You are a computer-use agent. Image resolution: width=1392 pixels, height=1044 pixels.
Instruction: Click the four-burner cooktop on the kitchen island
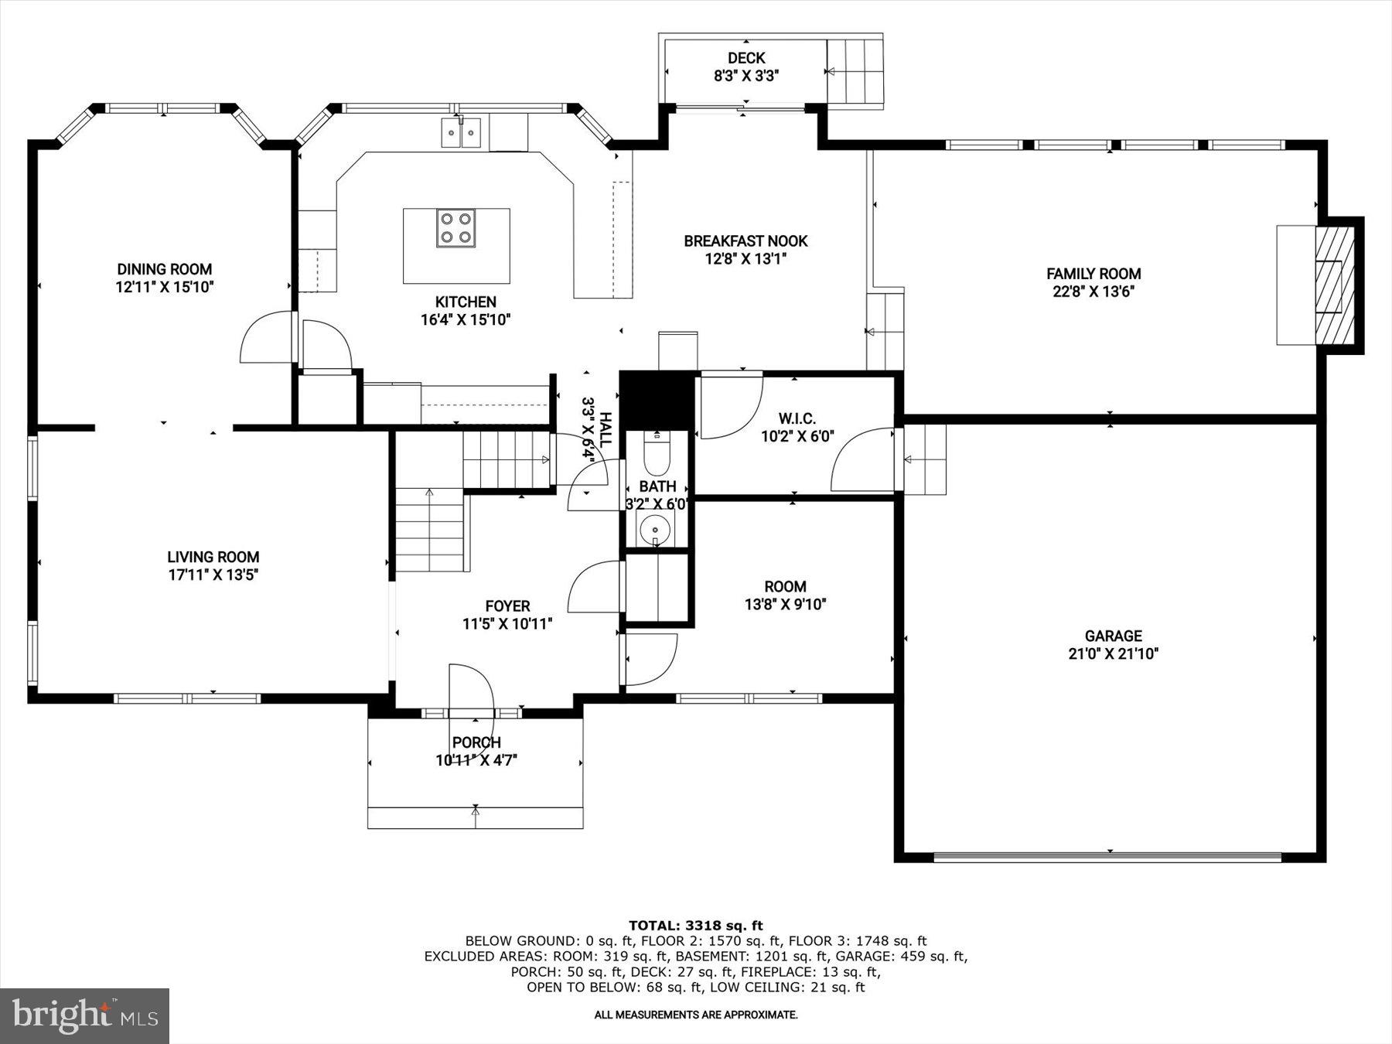tap(455, 228)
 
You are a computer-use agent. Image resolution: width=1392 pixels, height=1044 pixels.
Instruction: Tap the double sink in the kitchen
tap(461, 133)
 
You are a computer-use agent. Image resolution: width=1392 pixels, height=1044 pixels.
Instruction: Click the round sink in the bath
tap(656, 530)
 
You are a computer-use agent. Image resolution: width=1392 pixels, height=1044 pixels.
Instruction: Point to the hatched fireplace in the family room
tap(1336, 285)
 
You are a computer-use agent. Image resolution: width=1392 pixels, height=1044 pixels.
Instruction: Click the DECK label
tap(746, 58)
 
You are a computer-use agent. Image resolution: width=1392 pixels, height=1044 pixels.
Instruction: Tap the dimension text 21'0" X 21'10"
tap(1113, 654)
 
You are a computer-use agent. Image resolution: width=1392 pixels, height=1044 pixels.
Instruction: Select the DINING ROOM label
tap(164, 269)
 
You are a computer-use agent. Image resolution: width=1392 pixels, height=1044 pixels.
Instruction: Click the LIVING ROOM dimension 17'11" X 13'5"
tap(213, 575)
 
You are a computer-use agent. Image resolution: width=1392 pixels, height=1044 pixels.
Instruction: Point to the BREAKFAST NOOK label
tap(745, 241)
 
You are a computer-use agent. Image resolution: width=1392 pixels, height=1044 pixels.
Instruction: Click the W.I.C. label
tap(797, 419)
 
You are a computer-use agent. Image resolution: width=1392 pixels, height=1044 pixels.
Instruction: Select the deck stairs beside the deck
tap(855, 72)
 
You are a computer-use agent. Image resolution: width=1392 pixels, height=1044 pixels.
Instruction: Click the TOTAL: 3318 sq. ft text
tap(695, 925)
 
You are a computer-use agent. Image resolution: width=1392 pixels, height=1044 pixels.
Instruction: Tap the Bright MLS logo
tap(84, 1015)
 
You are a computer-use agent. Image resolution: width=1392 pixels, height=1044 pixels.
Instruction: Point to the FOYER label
tap(507, 606)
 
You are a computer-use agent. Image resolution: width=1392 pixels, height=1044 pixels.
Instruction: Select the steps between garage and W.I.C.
tap(926, 459)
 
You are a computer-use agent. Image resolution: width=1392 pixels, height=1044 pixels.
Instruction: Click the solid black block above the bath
tap(657, 400)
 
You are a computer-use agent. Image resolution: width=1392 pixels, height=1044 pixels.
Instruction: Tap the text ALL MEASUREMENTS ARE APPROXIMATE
tap(695, 1015)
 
